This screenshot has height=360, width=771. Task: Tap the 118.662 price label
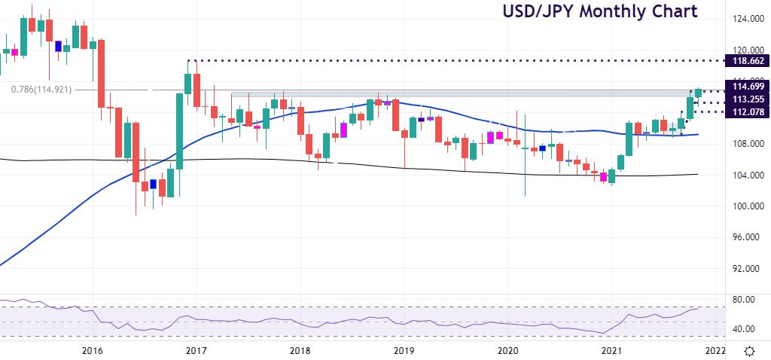744,60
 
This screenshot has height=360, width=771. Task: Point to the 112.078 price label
744,112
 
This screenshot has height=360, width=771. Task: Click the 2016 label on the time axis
92,351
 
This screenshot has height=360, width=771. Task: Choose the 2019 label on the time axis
404,351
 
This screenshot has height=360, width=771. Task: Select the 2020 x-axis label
508,351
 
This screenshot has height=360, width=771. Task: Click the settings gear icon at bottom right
750,351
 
